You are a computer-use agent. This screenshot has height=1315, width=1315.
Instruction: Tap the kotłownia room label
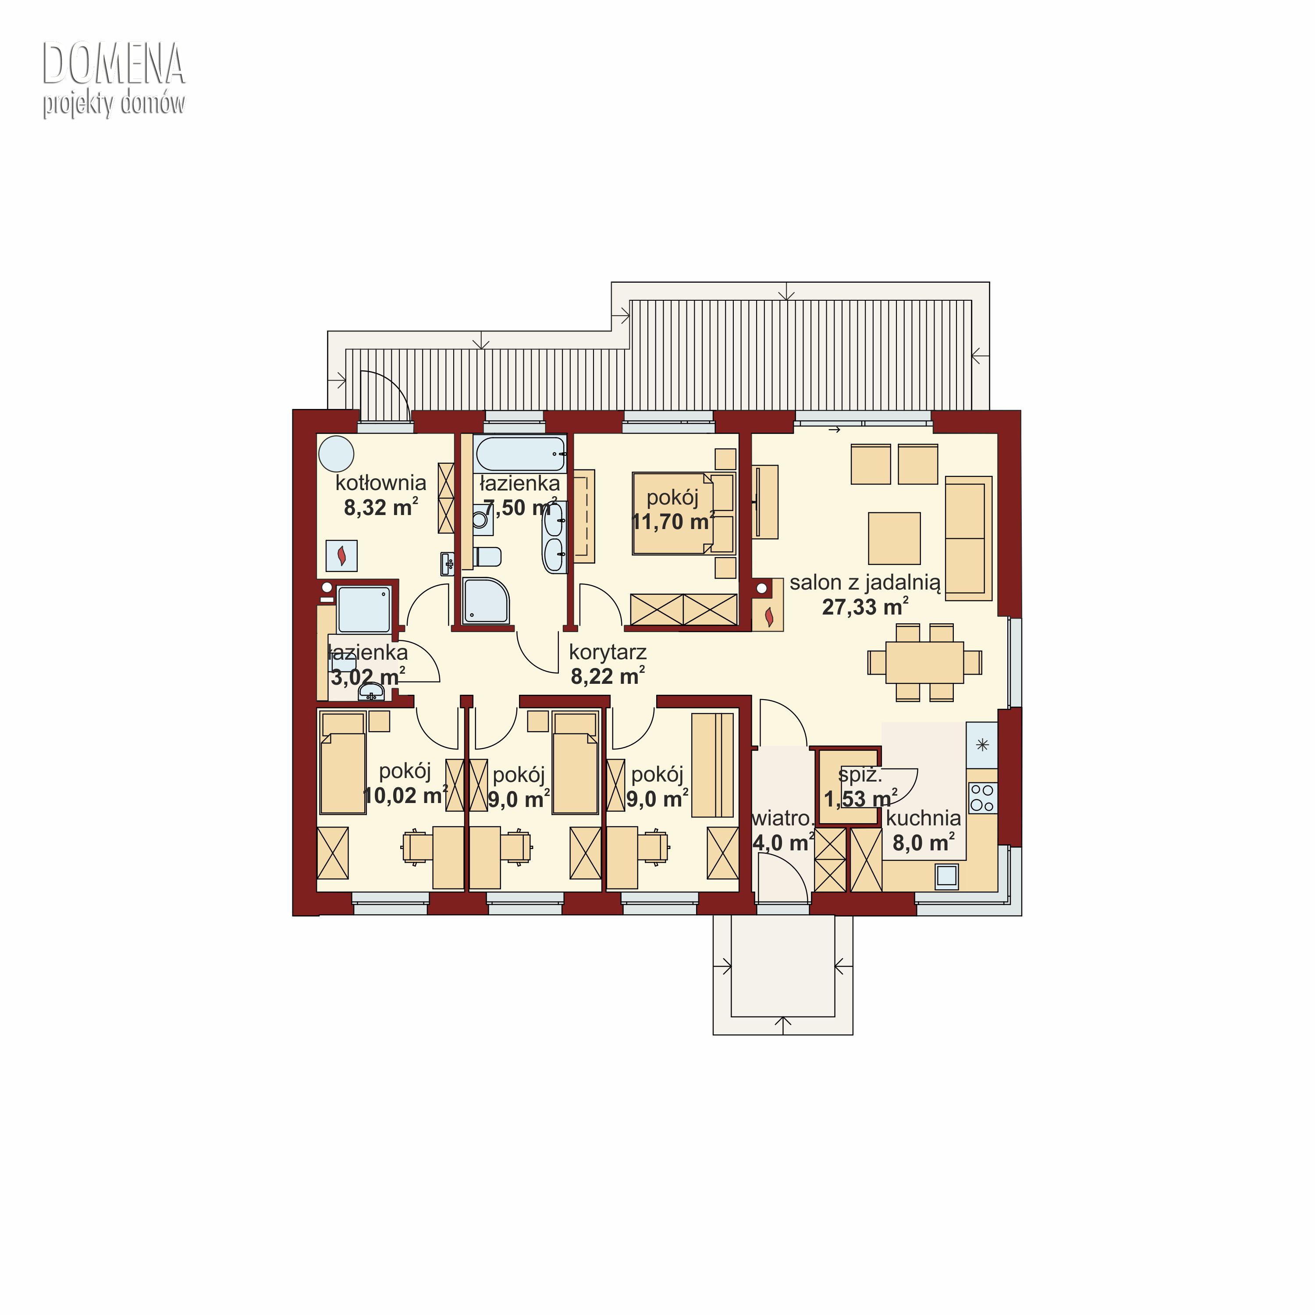coord(380,483)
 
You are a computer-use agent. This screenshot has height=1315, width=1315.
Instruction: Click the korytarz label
coord(607,652)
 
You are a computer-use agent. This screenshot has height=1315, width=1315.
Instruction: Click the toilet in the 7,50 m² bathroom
coord(487,556)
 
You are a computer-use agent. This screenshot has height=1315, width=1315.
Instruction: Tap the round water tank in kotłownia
coord(336,453)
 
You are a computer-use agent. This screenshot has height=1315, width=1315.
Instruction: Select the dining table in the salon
coord(924,661)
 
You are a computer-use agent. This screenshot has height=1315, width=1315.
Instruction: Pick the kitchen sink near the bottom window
coord(947,875)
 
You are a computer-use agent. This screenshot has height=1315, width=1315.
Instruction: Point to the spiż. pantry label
coord(860,774)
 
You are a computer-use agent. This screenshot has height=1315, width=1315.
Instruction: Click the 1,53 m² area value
coord(860,798)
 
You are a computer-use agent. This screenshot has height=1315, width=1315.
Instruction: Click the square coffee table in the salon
coord(894,538)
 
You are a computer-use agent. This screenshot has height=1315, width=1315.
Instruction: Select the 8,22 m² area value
coord(607,676)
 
